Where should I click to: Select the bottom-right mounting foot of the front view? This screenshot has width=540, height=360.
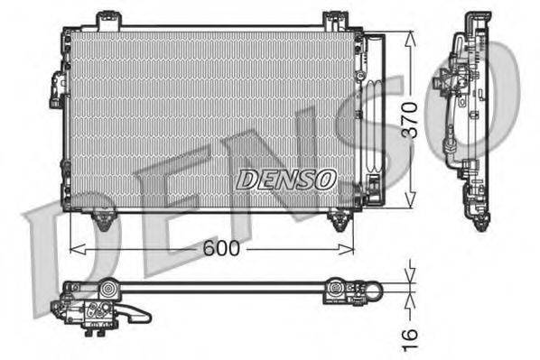click(340, 219)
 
